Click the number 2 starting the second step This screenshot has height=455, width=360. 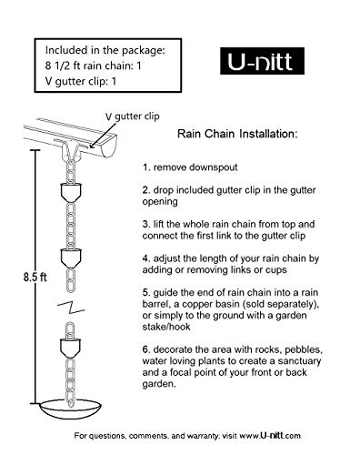(x=145, y=191)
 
